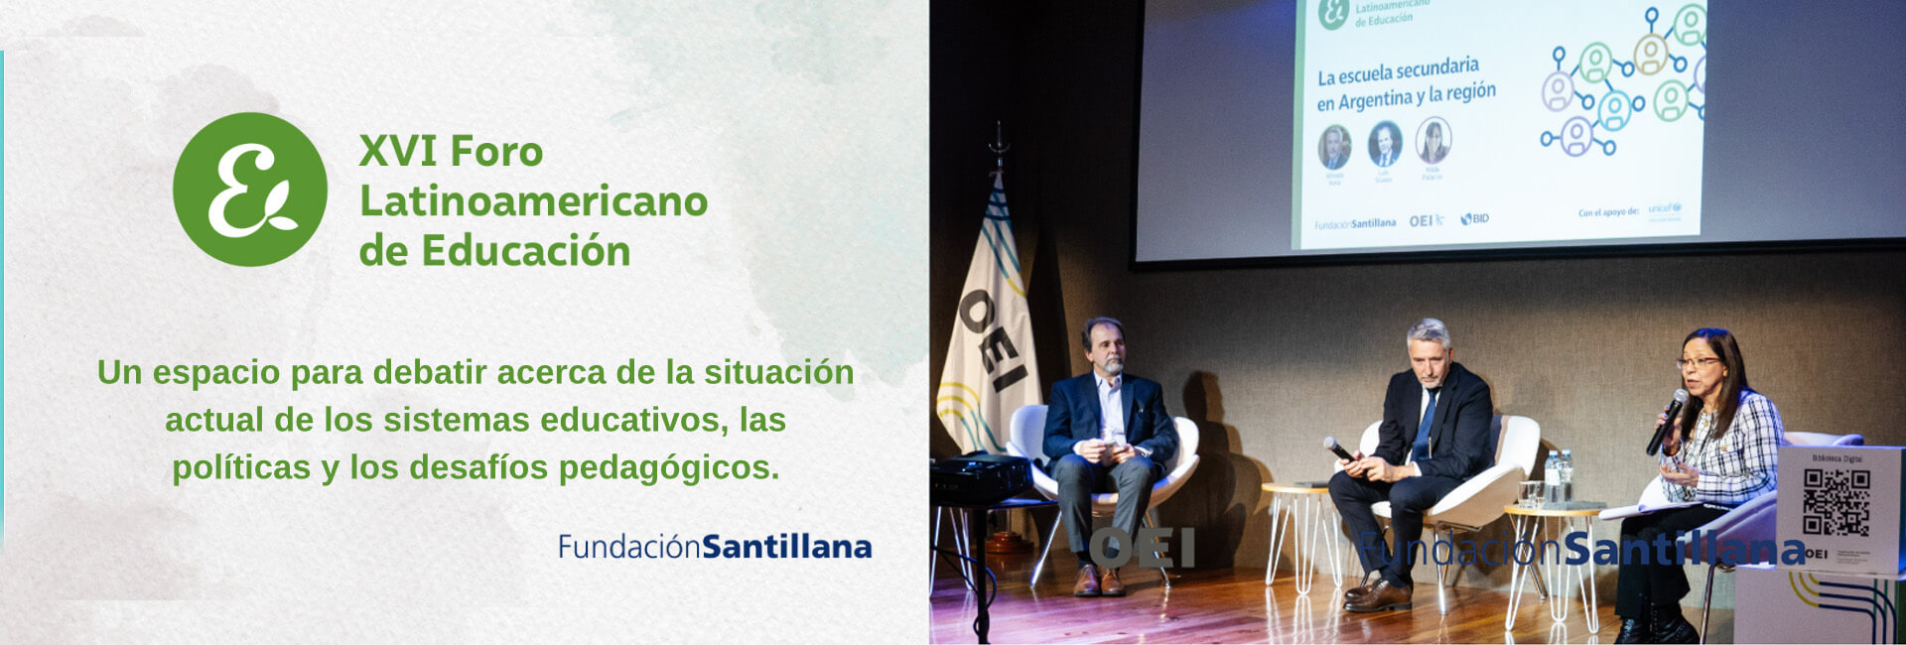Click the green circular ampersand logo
pyautogui.click(x=250, y=190)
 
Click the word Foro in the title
pyautogui.click(x=496, y=152)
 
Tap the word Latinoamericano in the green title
pyautogui.click(x=533, y=201)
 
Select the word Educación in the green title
pyautogui.click(x=526, y=251)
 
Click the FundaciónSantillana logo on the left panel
pyautogui.click(x=715, y=547)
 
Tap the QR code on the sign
pyautogui.click(x=1836, y=502)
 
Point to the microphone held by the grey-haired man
pyautogui.click(x=1338, y=450)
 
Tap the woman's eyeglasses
pyautogui.click(x=1698, y=362)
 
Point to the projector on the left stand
pyautogui.click(x=980, y=475)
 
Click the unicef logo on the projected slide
pyautogui.click(x=1664, y=209)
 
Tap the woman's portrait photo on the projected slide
pyautogui.click(x=1432, y=141)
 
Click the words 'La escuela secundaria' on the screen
pyautogui.click(x=1398, y=71)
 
